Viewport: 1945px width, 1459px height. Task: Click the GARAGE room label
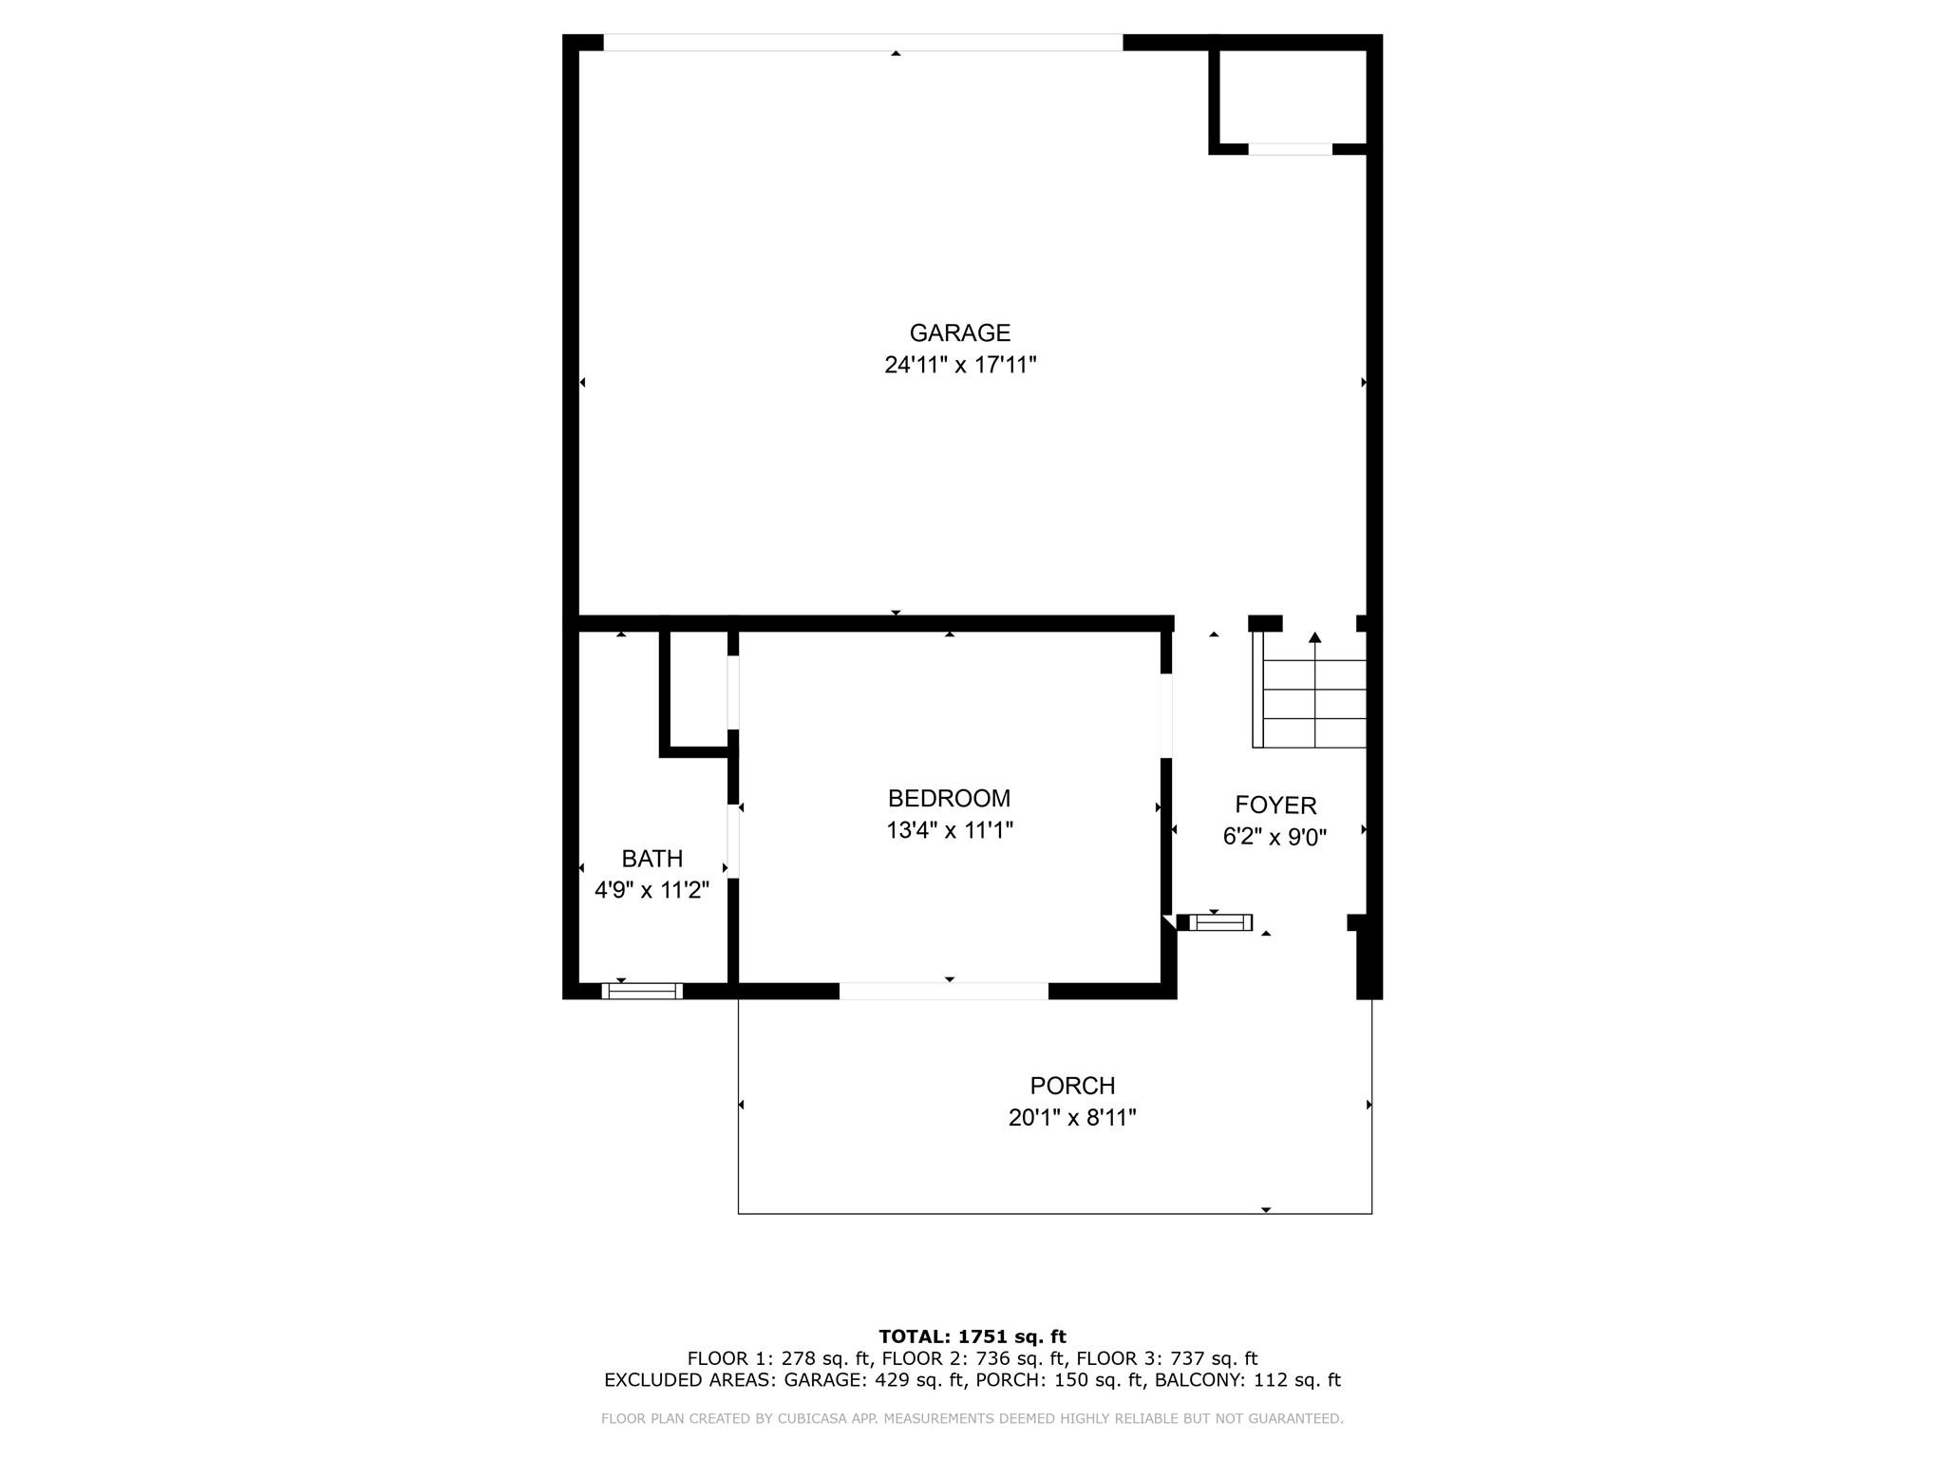959,332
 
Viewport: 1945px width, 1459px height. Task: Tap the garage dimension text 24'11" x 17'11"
959,365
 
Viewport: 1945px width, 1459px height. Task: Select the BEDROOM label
949,798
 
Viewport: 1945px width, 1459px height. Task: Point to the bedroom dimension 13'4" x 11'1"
949,830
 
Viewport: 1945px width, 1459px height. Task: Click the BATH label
651,859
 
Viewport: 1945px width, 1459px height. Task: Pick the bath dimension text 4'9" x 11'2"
651,890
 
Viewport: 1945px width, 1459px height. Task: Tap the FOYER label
1275,805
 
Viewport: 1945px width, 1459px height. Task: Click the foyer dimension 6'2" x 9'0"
1275,837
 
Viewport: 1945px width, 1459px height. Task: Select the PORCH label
1072,1085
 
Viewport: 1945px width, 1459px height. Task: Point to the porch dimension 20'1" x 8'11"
1072,1117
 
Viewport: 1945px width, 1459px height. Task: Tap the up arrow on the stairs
1314,638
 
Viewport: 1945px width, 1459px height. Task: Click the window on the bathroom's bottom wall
642,991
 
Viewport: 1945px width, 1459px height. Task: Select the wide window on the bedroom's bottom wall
943,991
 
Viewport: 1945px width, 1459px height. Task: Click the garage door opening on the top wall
862,43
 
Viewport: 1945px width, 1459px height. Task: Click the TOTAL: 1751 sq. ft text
972,1336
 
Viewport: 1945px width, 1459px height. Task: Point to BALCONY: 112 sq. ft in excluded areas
1247,1380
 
